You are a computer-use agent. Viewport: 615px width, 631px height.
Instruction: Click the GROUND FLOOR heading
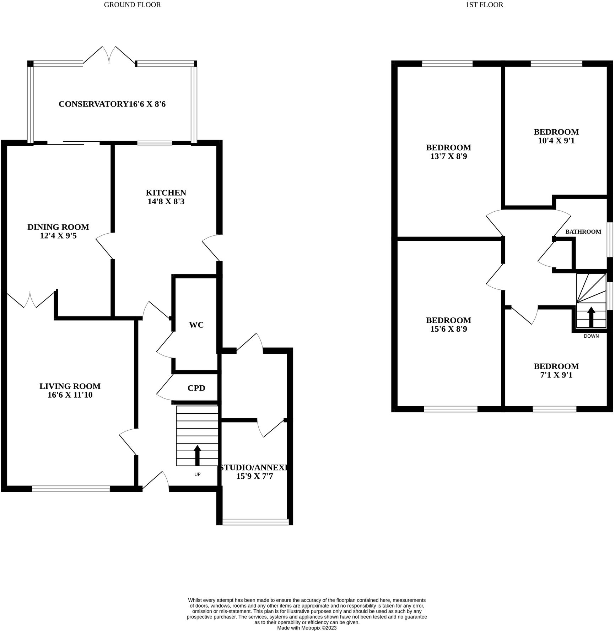coord(132,5)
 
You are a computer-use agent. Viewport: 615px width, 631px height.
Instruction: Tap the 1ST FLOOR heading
coord(484,5)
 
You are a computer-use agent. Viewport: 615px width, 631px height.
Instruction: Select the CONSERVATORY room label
coord(93,104)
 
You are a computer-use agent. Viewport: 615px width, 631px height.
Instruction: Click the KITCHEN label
coord(166,193)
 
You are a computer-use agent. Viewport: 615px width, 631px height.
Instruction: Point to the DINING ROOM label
coord(58,227)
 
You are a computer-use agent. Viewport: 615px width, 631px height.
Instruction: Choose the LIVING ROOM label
coord(70,386)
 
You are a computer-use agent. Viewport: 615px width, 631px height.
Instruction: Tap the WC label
coord(196,325)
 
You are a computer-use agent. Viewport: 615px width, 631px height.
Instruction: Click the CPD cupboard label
coord(196,388)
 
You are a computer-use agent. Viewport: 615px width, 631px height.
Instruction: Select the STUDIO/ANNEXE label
coord(254,468)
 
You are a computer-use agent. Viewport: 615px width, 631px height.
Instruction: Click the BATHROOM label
coord(583,232)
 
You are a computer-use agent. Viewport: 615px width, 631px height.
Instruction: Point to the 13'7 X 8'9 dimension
coord(448,156)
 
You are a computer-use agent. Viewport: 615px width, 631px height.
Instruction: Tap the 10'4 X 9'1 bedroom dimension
coord(556,141)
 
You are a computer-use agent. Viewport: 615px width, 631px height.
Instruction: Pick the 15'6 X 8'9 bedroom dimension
coord(448,329)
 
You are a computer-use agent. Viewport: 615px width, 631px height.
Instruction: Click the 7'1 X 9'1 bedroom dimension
coord(556,375)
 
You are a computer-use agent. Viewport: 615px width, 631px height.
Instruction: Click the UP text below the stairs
coord(197,474)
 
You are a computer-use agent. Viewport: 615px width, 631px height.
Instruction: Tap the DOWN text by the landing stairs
coord(591,336)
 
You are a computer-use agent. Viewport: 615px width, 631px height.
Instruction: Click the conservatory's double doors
coord(109,55)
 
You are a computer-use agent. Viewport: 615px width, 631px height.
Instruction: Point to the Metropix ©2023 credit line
coord(307,628)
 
